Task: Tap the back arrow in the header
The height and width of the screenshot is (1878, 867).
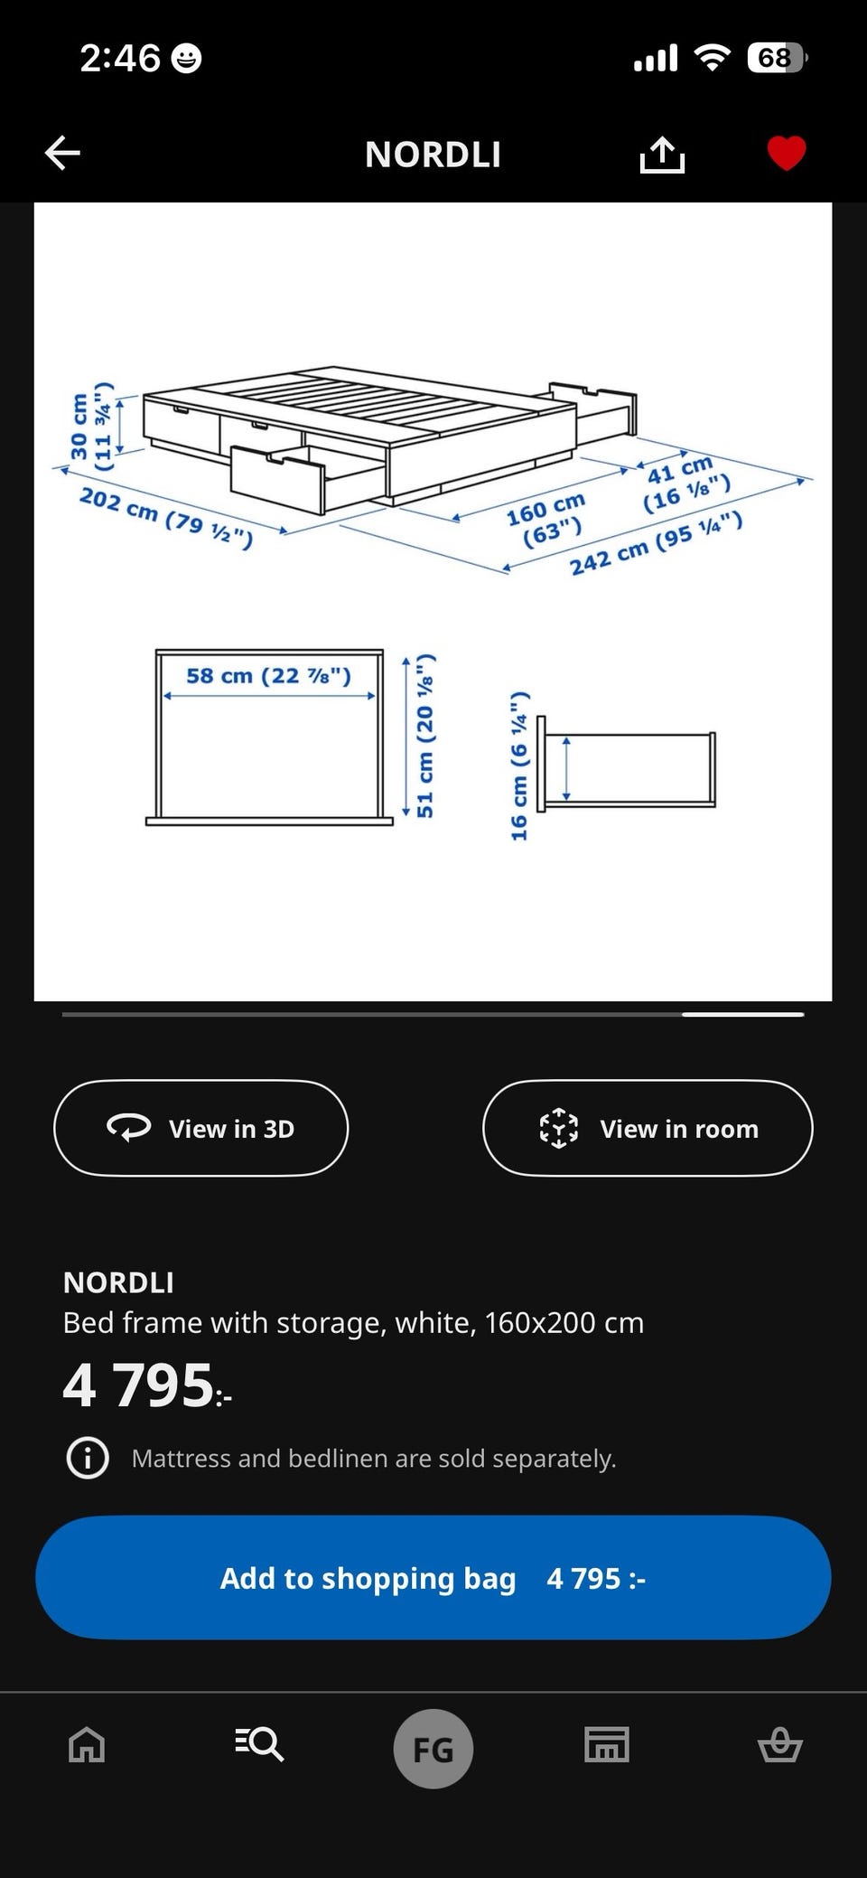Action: tap(63, 154)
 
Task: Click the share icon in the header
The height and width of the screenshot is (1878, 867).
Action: tap(662, 155)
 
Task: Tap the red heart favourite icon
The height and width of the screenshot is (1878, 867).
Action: tap(786, 153)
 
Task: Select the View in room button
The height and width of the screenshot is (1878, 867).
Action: tap(648, 1128)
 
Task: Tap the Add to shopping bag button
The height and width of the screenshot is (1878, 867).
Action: tap(433, 1578)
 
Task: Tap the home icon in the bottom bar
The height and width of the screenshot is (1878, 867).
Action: tap(87, 1744)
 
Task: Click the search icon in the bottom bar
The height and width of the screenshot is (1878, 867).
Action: tap(259, 1743)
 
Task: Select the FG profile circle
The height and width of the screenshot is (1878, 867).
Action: tap(433, 1749)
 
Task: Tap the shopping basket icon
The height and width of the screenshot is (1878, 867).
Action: tap(779, 1744)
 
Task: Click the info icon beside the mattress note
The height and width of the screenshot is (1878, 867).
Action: tap(88, 1458)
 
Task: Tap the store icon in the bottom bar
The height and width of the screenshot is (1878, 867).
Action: tap(606, 1744)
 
